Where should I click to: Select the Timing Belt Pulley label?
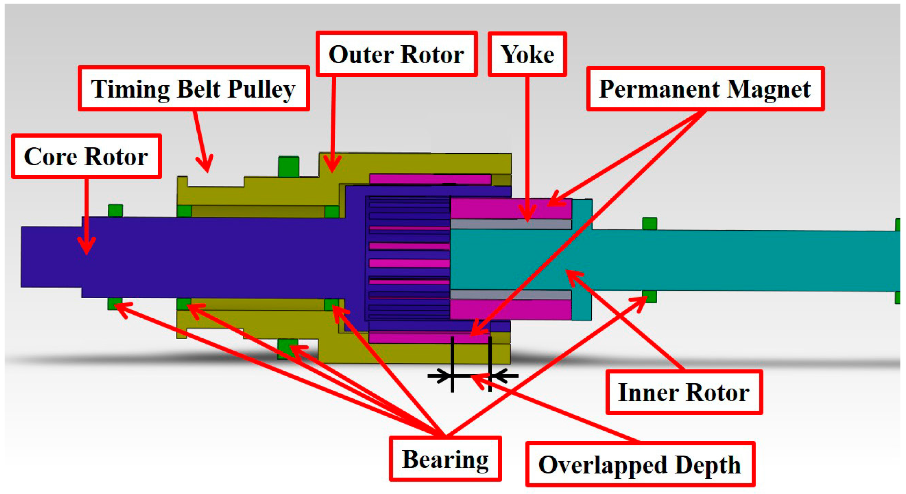[x=193, y=89]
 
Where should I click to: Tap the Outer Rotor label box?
[x=396, y=54]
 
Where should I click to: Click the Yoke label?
[x=527, y=54]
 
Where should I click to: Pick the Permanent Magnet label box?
[x=705, y=89]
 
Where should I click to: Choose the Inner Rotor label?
[x=684, y=392]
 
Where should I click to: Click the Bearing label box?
[x=445, y=459]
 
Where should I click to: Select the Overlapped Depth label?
[x=640, y=464]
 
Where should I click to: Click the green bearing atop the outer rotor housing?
[x=288, y=166]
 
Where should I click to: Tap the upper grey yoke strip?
[x=511, y=224]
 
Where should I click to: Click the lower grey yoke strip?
[x=511, y=295]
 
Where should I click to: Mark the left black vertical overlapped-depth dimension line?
[x=452, y=364]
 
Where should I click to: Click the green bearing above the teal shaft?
[x=649, y=224]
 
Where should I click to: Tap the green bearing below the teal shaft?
[x=649, y=296]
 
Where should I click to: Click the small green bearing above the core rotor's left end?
[x=115, y=210]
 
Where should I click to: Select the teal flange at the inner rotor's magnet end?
[x=582, y=260]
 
